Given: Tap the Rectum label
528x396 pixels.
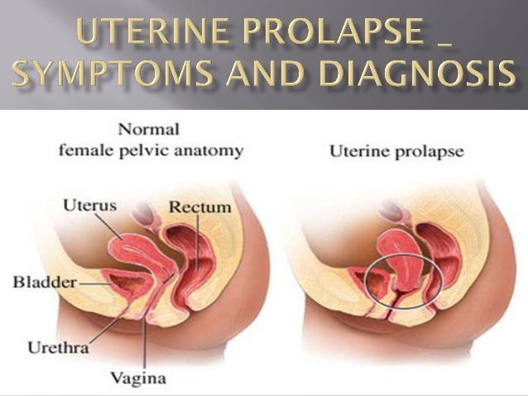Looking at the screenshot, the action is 199,206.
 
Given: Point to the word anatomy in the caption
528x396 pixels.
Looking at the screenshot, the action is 214,150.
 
